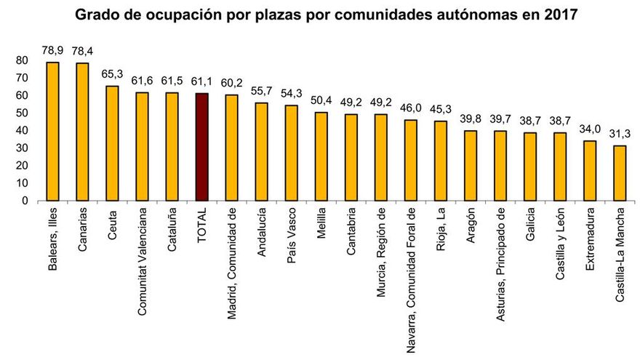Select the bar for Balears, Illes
tap(53, 131)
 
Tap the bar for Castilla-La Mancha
tap(620, 172)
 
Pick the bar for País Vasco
tap(292, 153)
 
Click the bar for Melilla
tap(321, 156)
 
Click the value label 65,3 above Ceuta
tap(113, 73)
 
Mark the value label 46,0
tap(411, 108)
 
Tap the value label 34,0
tap(590, 128)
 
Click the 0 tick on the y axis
tap(25, 200)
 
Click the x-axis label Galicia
tap(530, 226)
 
